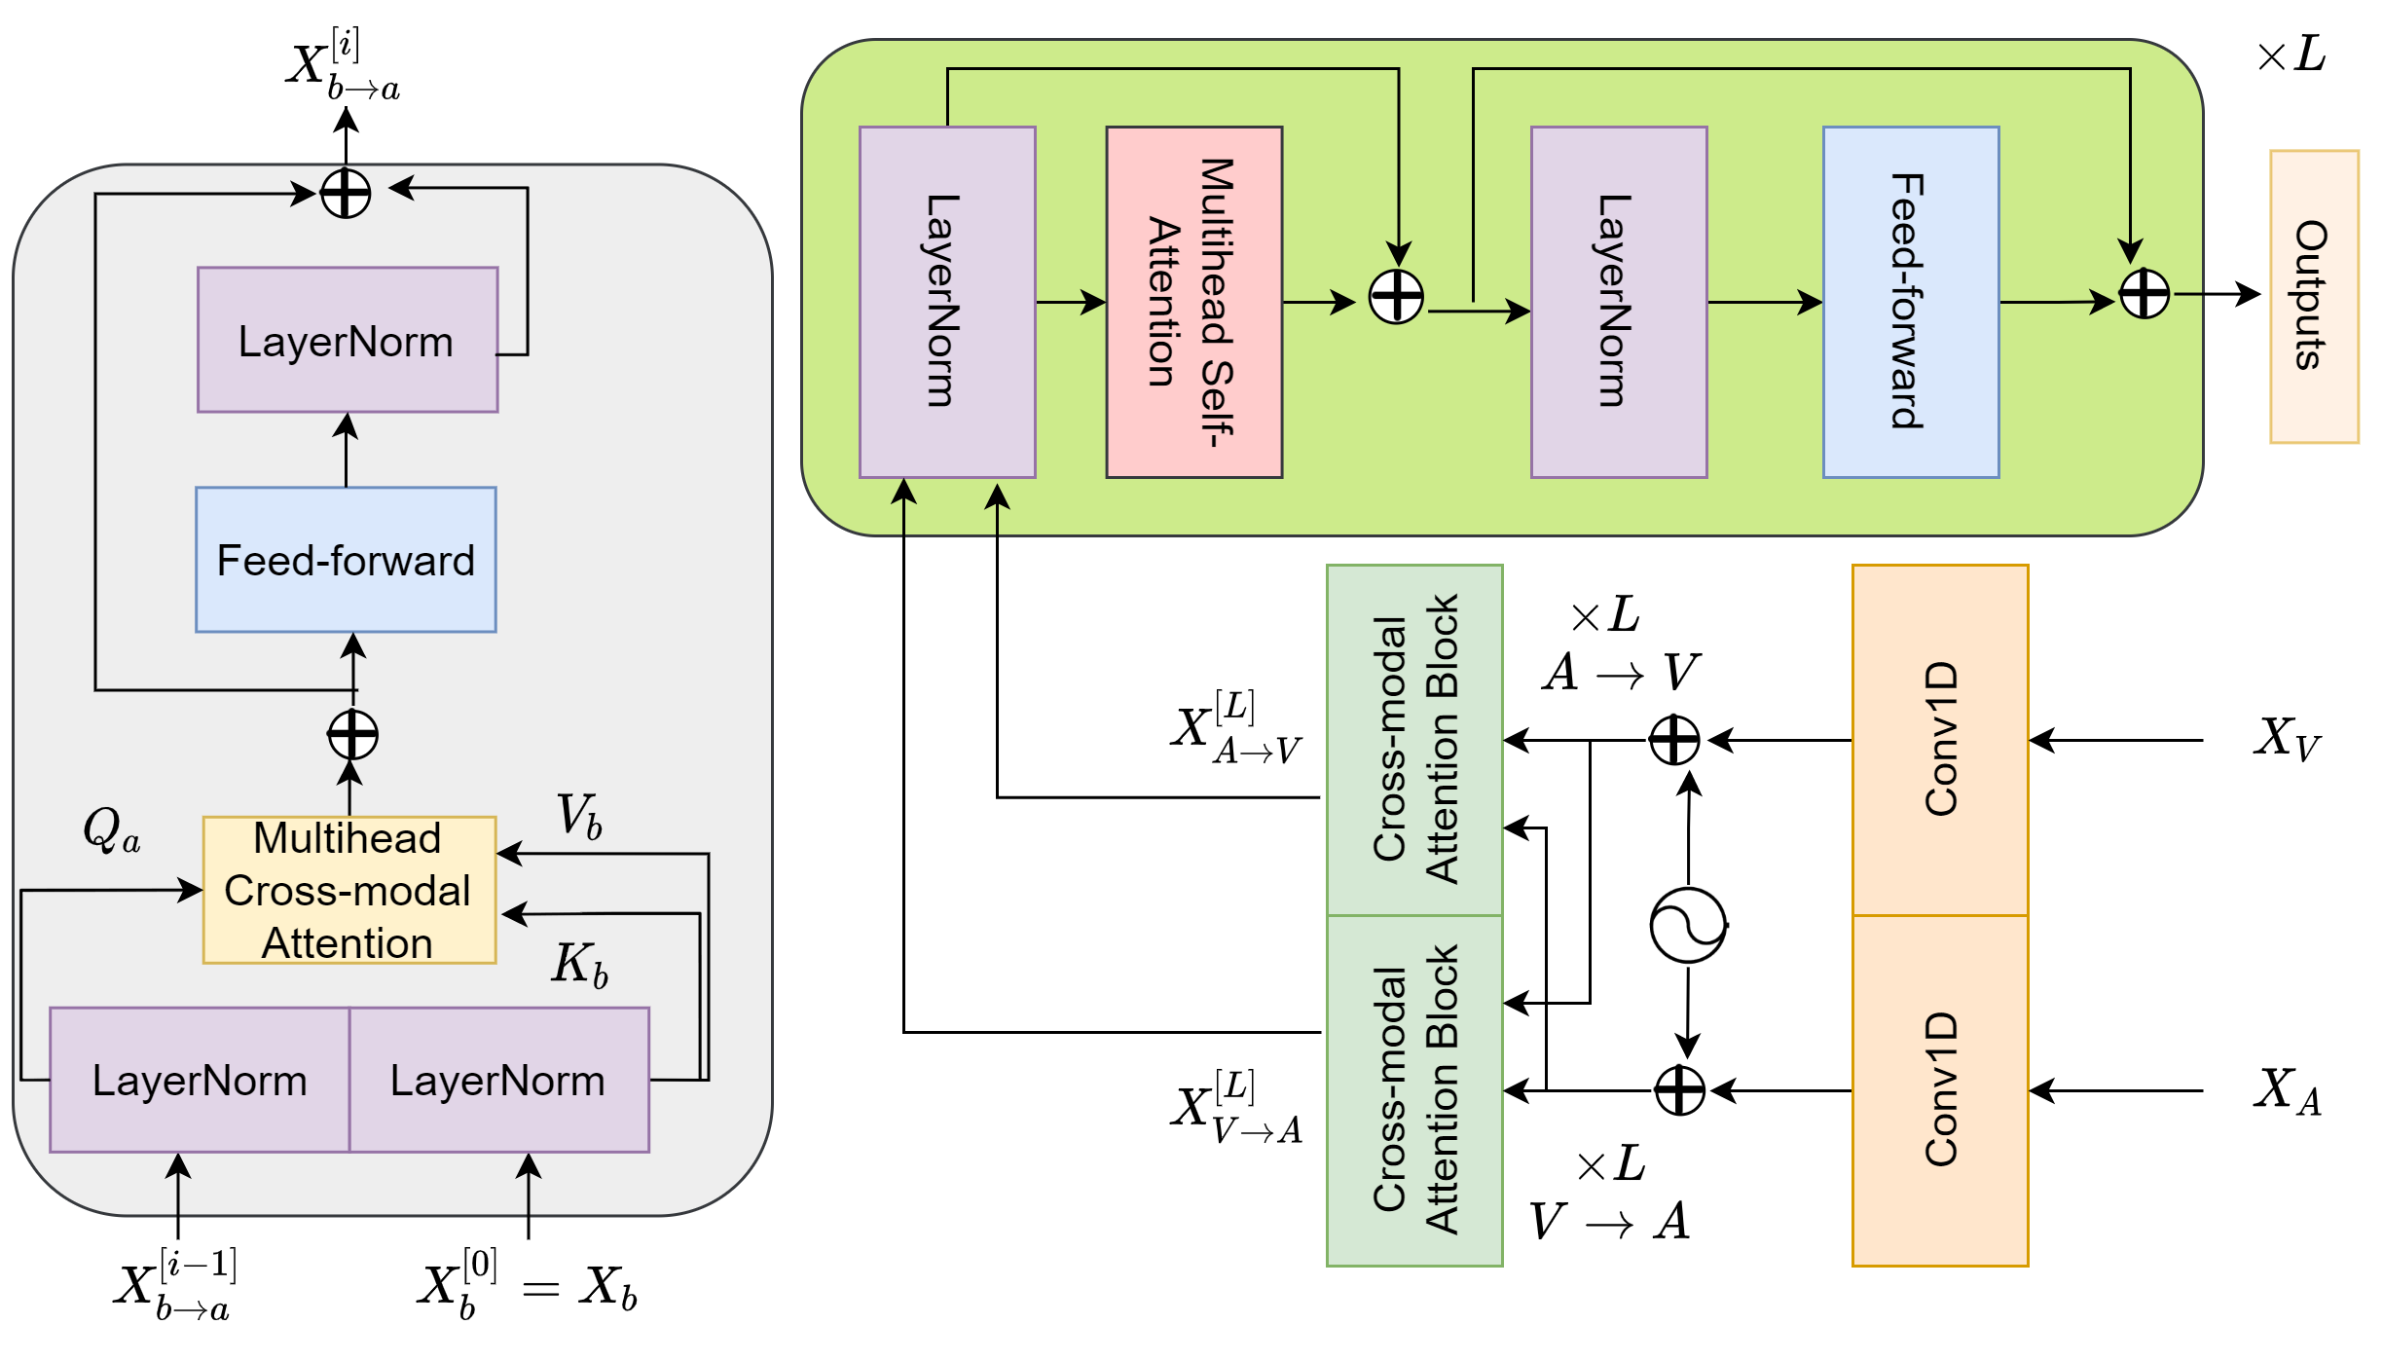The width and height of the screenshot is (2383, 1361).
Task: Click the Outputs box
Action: [2314, 297]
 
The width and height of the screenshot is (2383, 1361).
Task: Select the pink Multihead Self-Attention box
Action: [1193, 302]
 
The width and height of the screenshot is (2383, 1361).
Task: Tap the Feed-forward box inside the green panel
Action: [1910, 302]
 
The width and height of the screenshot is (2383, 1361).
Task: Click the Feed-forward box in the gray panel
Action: [346, 560]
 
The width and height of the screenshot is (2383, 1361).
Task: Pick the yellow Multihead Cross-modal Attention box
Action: [348, 890]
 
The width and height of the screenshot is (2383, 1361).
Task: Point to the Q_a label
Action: [111, 830]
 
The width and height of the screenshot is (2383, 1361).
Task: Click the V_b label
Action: [579, 816]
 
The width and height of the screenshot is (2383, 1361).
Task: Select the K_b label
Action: [580, 965]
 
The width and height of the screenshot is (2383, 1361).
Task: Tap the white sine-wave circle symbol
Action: [1687, 925]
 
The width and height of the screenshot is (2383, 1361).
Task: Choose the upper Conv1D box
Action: [1939, 740]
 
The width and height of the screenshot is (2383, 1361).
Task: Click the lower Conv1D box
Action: [1939, 1090]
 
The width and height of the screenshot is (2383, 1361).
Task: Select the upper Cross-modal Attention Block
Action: [1414, 740]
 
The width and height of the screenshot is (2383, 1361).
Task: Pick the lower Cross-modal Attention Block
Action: [1414, 1090]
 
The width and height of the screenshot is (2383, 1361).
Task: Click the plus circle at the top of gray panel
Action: [346, 193]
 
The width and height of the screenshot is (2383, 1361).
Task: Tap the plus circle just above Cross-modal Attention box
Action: [352, 735]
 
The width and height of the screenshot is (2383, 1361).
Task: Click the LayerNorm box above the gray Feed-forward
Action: [348, 340]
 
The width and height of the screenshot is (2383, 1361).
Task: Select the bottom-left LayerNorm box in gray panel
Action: [200, 1080]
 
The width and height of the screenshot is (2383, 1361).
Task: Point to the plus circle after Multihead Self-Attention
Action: [1396, 296]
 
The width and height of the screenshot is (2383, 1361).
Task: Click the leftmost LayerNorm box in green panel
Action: [946, 302]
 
